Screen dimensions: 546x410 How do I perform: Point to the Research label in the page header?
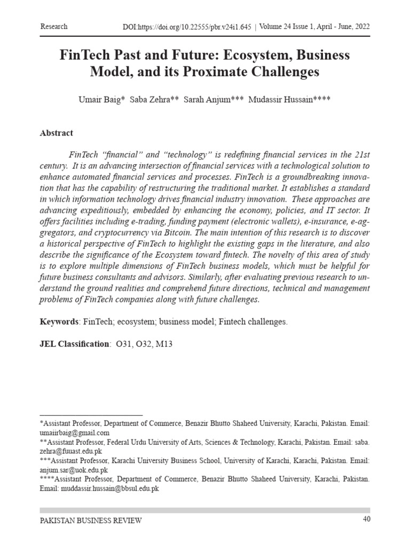coord(54,26)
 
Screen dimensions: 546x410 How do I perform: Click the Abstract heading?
coord(57,133)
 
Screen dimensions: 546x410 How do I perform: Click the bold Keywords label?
coord(59,322)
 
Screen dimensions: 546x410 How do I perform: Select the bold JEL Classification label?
coord(74,344)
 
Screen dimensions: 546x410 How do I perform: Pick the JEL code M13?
coord(162,344)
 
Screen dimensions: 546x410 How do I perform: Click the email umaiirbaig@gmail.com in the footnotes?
coord(75,432)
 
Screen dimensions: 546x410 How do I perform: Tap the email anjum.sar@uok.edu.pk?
coord(74,470)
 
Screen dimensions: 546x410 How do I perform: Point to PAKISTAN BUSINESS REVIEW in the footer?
coord(91,520)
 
